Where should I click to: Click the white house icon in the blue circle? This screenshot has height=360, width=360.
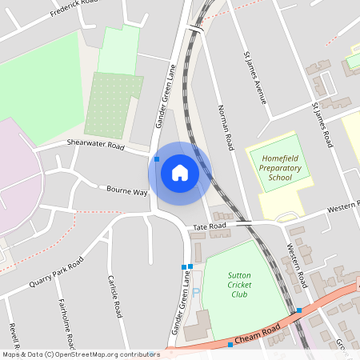[x=179, y=173]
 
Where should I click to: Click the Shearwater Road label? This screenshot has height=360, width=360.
[x=96, y=146]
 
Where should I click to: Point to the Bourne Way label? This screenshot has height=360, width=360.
[x=128, y=192]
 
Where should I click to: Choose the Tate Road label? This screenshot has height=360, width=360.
[x=208, y=227]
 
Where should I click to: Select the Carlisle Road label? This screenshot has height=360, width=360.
[x=114, y=298]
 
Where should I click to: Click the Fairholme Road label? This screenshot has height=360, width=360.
[x=66, y=324]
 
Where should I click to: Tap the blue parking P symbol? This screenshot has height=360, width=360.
[x=196, y=292]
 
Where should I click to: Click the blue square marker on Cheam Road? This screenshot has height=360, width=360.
[x=230, y=344]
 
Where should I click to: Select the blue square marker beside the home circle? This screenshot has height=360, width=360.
[x=157, y=159]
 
